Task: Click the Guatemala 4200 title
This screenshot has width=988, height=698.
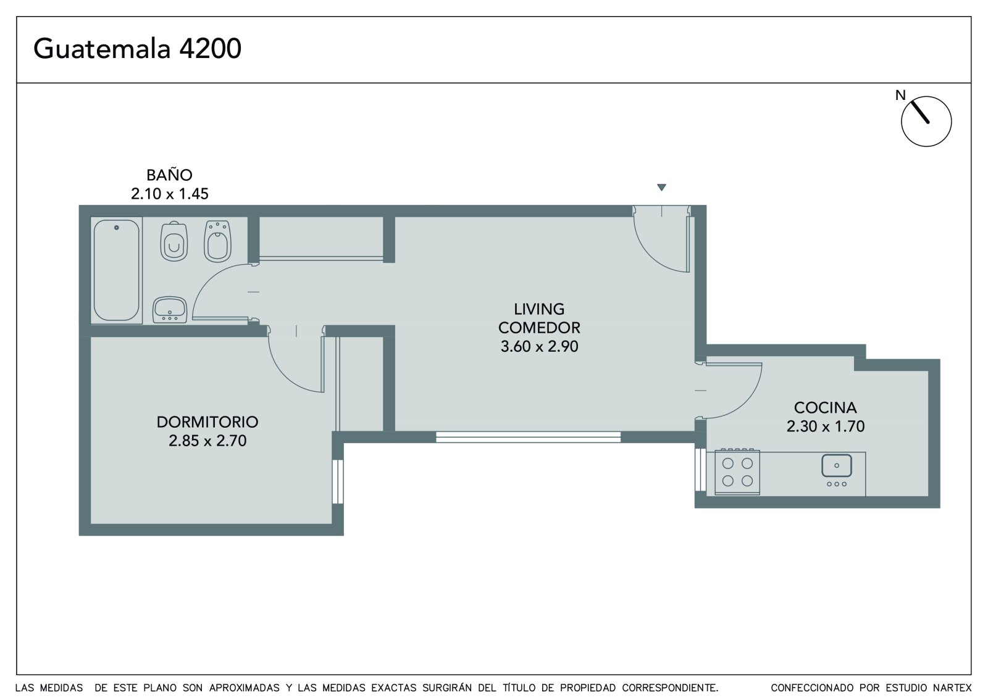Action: (x=137, y=49)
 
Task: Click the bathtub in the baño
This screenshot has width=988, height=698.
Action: (x=117, y=270)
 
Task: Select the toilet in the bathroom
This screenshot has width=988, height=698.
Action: (x=174, y=241)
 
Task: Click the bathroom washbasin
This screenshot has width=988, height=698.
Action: (x=170, y=310)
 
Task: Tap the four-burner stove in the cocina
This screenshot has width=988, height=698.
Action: (x=737, y=472)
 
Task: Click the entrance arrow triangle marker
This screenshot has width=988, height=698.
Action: (x=661, y=188)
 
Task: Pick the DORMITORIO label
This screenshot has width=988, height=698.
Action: (x=207, y=422)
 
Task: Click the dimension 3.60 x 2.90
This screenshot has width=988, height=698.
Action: (x=539, y=347)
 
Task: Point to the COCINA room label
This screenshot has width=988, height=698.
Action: (x=825, y=408)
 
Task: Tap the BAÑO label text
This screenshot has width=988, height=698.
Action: (x=169, y=175)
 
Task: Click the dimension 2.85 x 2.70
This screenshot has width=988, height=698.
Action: (x=207, y=441)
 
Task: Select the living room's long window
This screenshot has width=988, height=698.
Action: (x=528, y=437)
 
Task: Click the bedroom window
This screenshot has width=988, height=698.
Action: (x=338, y=481)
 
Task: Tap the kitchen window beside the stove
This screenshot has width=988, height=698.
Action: (x=700, y=470)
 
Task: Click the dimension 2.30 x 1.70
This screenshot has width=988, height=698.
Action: (x=825, y=426)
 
